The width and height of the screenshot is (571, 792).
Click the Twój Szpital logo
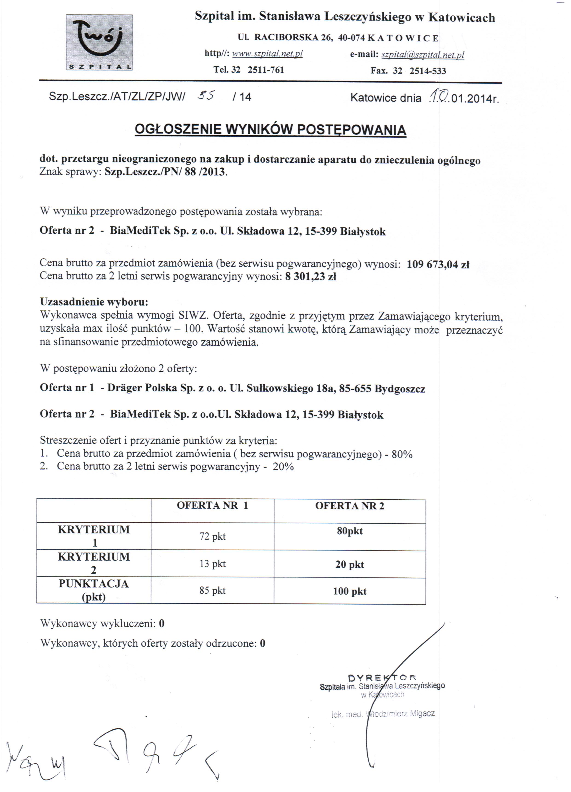99,43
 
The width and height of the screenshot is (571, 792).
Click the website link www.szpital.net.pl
267,54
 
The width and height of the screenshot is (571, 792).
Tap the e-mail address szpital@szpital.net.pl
423,55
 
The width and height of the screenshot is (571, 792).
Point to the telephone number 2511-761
266,70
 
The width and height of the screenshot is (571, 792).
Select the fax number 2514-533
428,71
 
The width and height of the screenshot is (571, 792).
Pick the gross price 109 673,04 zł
438,264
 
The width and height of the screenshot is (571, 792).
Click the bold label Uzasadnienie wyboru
94,301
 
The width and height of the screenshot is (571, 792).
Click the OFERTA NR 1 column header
212,506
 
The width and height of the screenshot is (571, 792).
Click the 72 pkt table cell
212,536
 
